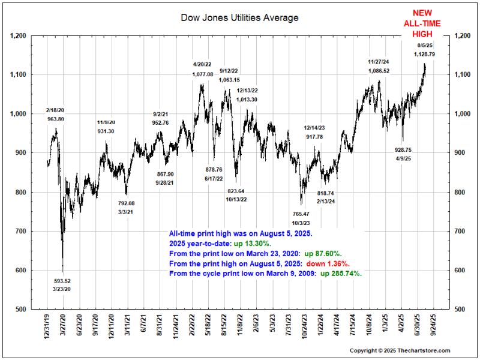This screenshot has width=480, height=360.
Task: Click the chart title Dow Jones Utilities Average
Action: [239, 18]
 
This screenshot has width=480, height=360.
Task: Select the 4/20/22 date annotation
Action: [203, 64]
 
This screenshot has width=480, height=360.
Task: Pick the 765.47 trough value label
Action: [301, 214]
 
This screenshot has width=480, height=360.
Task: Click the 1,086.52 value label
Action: [379, 70]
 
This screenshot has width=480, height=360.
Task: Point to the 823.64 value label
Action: [239, 191]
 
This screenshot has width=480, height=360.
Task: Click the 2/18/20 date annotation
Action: [56, 111]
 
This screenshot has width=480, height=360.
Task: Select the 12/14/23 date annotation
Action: [314, 128]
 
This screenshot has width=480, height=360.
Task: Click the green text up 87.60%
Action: [329, 254]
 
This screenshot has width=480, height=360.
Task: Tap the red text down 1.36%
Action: [329, 263]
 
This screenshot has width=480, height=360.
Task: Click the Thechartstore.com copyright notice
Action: [400, 350]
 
